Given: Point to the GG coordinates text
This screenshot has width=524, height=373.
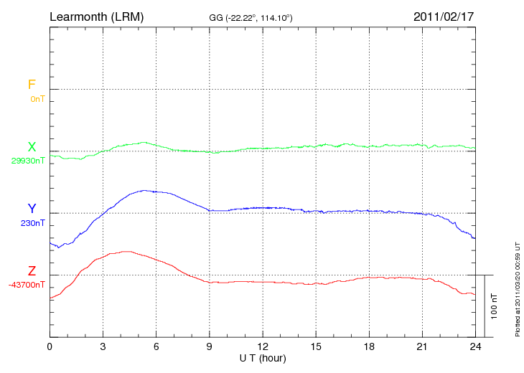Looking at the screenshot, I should tap(250, 16).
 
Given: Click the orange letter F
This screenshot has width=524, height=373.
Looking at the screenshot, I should tap(32, 85).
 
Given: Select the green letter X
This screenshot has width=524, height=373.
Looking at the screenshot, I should tap(32, 147).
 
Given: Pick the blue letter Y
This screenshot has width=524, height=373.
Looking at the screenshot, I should tap(32, 209).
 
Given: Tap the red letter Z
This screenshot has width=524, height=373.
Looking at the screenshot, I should tap(32, 271).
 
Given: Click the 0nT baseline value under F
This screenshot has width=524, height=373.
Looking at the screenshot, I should tap(37, 98).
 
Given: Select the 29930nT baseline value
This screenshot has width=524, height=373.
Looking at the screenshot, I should tap(28, 161).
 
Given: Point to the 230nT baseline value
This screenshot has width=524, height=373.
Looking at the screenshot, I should tap(33, 223).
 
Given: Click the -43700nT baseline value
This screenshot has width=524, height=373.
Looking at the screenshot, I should tap(27, 285).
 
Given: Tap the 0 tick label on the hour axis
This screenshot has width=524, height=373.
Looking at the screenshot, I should tap(50, 347).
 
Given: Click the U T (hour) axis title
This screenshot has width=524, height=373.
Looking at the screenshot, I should tap(263, 358).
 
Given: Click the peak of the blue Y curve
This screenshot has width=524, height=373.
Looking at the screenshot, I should tap(144, 190).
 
